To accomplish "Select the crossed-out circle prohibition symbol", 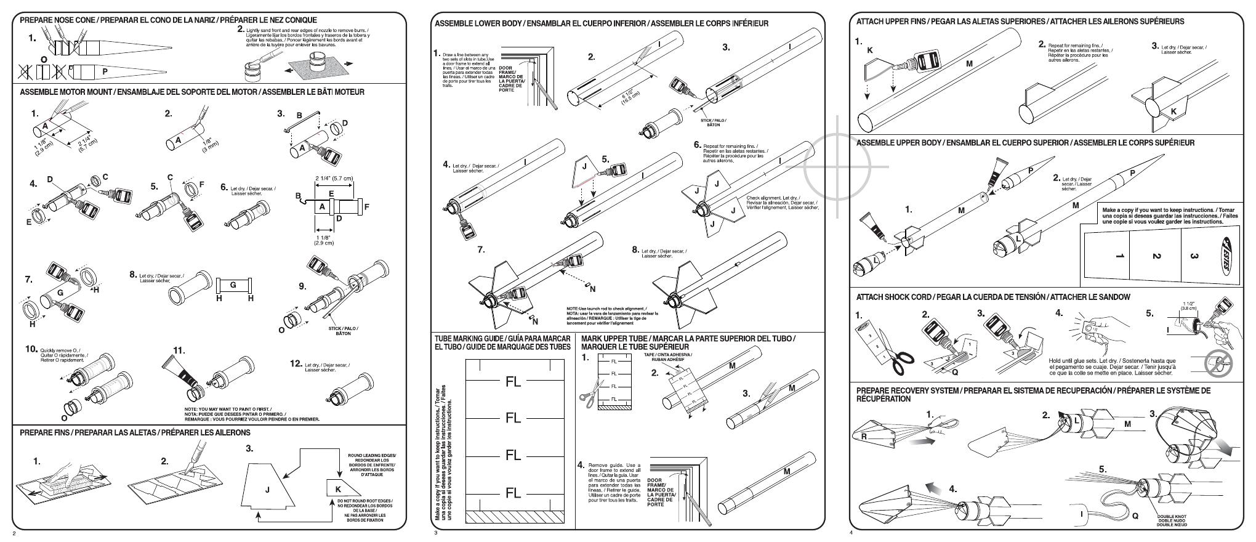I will (1218, 363).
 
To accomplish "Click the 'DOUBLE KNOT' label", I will (1172, 517).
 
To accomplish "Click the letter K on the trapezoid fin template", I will (338, 490).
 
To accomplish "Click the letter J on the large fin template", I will (267, 490).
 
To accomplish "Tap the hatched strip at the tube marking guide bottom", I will (515, 516).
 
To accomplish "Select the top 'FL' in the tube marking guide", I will (513, 382).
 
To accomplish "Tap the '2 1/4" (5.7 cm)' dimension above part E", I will (334, 179).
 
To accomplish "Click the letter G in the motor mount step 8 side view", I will (233, 285).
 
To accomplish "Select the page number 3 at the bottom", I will (435, 533).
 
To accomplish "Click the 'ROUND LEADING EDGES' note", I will (372, 456).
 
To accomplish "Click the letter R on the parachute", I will (864, 437).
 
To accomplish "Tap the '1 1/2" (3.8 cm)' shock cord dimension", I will (1189, 306).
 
